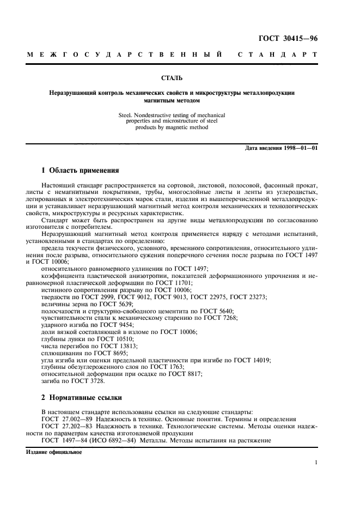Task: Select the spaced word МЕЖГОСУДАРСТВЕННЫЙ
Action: (x=125, y=55)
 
